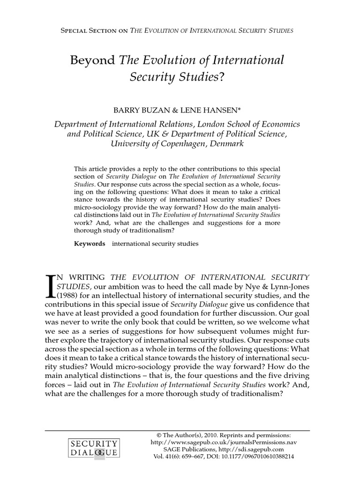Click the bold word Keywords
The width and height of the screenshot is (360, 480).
(90, 244)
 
